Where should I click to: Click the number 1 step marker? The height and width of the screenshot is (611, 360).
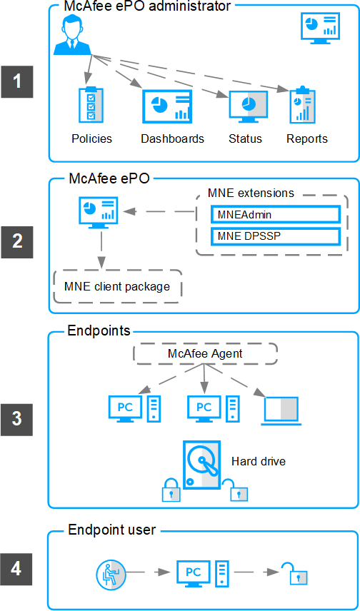coord(16,82)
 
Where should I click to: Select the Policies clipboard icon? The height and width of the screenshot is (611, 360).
coord(91,103)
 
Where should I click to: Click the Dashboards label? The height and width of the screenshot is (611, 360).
coord(172,138)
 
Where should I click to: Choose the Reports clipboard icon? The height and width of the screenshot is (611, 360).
coord(302,104)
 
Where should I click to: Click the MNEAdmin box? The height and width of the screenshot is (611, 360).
coord(276,214)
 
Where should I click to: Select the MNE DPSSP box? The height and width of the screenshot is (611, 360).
coord(276,236)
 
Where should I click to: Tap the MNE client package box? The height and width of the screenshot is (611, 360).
coord(118,286)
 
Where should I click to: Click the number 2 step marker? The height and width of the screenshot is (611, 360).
coord(16,242)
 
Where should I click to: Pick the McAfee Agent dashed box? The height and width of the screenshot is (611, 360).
coord(205,354)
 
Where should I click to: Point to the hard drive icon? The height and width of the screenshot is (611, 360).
coord(201,465)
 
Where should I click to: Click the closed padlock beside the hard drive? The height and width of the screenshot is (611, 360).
coord(171,490)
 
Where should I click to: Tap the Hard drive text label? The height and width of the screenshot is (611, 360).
coord(259,461)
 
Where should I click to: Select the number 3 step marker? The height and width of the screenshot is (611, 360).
coord(16,419)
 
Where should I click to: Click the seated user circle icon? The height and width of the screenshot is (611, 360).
coord(111,572)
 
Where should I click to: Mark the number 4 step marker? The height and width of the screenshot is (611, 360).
coord(16,570)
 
